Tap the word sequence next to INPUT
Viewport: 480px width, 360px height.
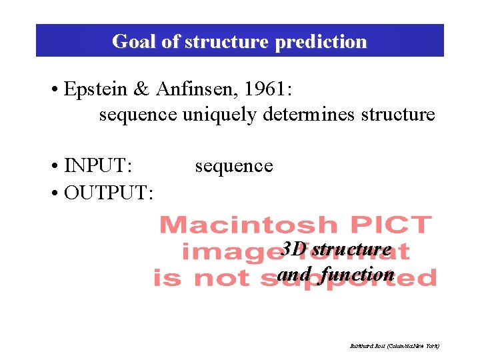[x=233, y=165]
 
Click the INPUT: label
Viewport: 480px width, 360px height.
[x=98, y=165]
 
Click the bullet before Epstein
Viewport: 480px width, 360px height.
[x=55, y=91]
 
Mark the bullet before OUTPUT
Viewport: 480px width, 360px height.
[x=55, y=193]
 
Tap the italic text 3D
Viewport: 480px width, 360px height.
[x=293, y=249]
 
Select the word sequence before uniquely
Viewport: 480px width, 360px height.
[x=137, y=115]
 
